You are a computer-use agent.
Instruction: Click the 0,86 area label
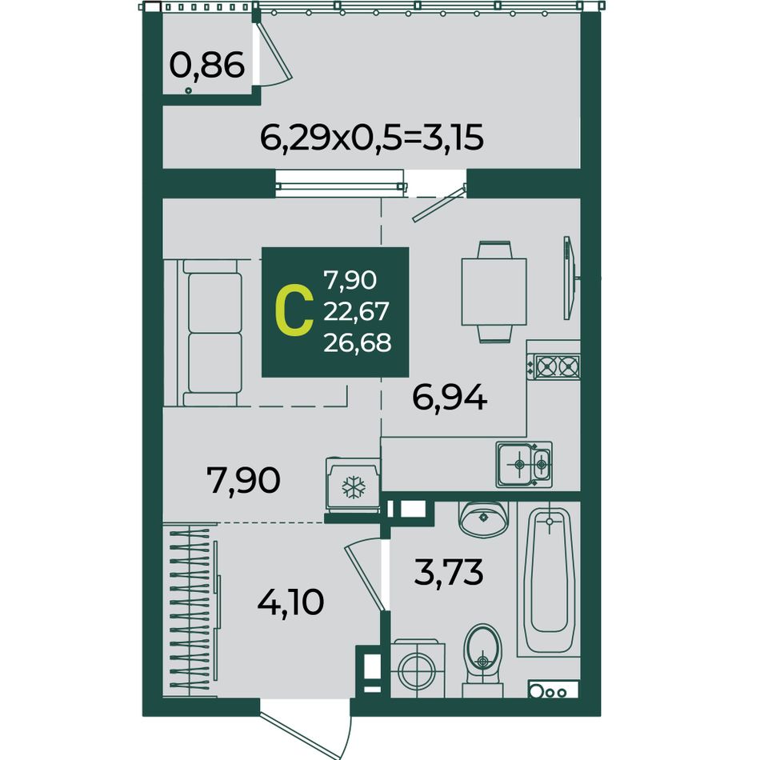tap(207, 66)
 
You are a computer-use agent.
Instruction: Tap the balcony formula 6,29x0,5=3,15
tap(372, 138)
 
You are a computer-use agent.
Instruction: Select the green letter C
tap(294, 312)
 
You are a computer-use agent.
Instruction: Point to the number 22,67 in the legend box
tap(356, 312)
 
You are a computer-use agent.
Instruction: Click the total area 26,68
tap(358, 343)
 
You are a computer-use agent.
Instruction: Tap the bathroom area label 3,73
tap(449, 573)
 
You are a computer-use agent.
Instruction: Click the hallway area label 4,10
tap(290, 603)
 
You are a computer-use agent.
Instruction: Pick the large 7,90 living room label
tap(243, 480)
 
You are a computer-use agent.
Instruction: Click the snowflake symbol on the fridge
tap(354, 488)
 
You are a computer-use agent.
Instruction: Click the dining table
tap(494, 292)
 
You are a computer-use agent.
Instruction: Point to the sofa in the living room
tap(209, 333)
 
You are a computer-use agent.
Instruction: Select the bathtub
tap(549, 579)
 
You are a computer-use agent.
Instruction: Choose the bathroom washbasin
tap(483, 518)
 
